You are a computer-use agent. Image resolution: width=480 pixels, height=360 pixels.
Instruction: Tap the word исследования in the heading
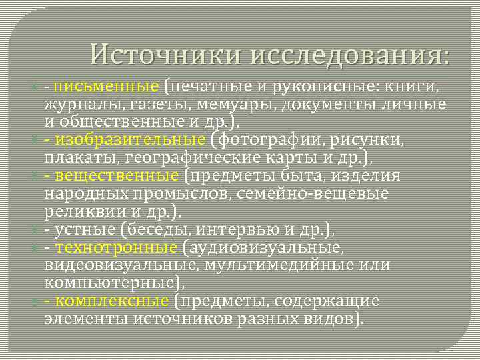pyautogui.click(x=351, y=54)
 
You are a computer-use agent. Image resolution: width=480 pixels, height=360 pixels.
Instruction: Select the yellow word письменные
pyautogui.click(x=107, y=87)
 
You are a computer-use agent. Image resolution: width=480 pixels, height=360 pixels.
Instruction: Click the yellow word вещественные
pyautogui.click(x=117, y=175)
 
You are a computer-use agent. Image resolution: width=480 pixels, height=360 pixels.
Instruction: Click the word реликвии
pyautogui.click(x=75, y=211)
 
